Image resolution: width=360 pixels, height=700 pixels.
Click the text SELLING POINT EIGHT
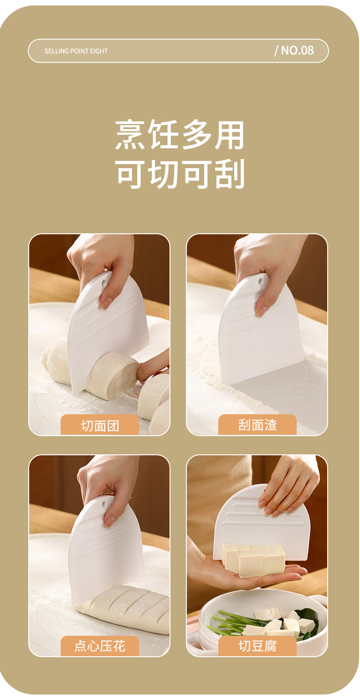pyautogui.click(x=76, y=51)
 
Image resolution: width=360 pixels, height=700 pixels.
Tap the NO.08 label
pyautogui.click(x=294, y=50)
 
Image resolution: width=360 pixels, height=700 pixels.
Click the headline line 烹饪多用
pyautogui.click(x=180, y=134)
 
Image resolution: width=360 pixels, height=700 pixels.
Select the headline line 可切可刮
pyautogui.click(x=180, y=174)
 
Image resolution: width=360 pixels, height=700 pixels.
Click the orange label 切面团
pyautogui.click(x=100, y=425)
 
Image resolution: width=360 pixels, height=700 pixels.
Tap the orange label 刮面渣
pyautogui.click(x=257, y=425)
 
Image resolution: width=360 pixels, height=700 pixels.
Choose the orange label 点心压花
pyautogui.click(x=100, y=646)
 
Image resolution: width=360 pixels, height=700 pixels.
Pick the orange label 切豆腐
pyautogui.click(x=257, y=646)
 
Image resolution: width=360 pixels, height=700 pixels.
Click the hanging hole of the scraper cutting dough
pyautogui.click(x=104, y=284)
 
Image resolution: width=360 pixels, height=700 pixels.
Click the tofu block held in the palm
pyautogui.click(x=253, y=559)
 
